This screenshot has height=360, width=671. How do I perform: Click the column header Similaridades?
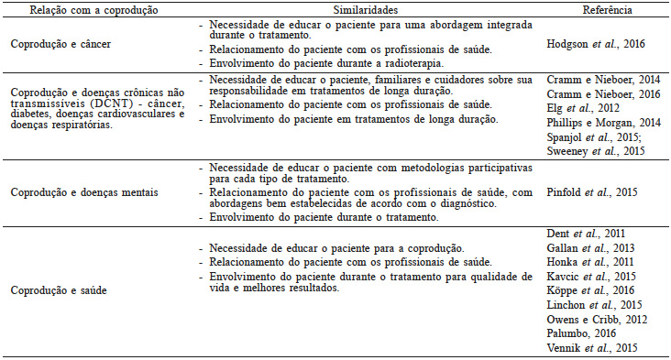(371, 9)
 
